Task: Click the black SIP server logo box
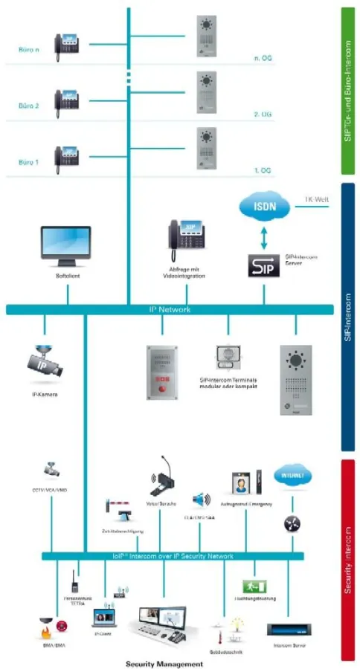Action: pyautogui.click(x=264, y=265)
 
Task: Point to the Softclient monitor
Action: pyautogui.click(x=66, y=245)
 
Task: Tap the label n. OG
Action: pyautogui.click(x=262, y=57)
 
